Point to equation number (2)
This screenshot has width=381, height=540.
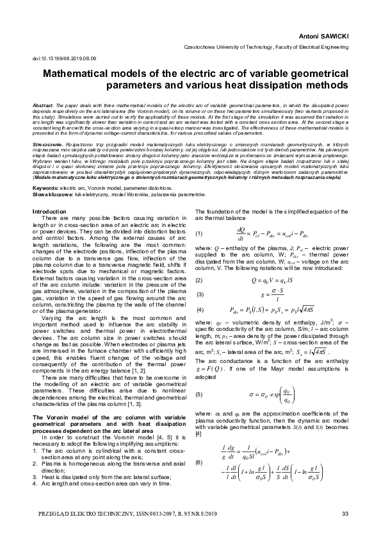tap(199, 262)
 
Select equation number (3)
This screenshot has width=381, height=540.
tap(199, 276)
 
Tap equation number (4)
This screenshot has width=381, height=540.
tap(199, 292)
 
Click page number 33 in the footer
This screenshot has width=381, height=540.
tap(345, 514)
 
